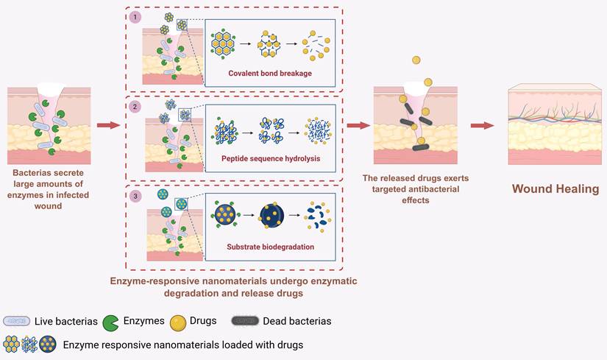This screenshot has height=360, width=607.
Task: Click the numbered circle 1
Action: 135,17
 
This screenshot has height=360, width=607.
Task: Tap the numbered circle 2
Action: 135,107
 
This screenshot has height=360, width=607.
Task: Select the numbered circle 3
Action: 135,196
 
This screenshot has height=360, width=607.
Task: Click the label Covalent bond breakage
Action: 270,73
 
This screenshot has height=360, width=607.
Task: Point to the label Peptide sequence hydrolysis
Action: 271,158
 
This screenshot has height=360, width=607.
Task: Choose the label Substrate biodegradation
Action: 270,247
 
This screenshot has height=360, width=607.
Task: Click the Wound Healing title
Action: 555,188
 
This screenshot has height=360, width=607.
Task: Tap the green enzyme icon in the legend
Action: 110,322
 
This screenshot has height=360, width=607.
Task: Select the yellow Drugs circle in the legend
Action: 178,323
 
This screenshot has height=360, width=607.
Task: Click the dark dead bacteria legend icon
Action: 245,321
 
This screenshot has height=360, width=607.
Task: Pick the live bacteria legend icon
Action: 17,321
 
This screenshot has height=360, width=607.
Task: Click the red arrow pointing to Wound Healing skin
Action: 482,126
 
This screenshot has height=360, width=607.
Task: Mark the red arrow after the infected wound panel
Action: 108,125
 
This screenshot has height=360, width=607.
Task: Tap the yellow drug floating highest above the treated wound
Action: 416,60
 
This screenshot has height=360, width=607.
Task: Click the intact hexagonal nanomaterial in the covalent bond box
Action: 223,43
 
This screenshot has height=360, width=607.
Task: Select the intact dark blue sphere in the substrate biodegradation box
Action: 225,214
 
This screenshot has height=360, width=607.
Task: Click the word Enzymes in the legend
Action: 143,321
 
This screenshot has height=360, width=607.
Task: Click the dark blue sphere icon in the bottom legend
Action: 48,345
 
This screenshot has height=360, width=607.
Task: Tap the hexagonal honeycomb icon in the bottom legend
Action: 11,345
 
